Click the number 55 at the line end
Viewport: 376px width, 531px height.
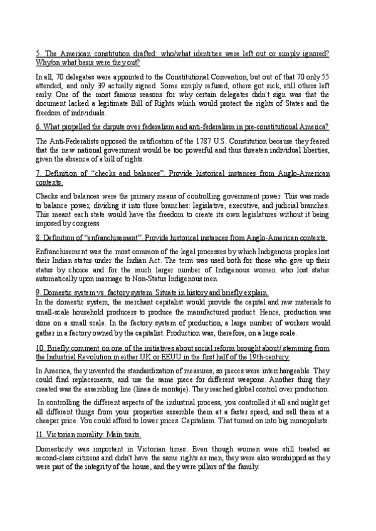pyautogui.click(x=333, y=78)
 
